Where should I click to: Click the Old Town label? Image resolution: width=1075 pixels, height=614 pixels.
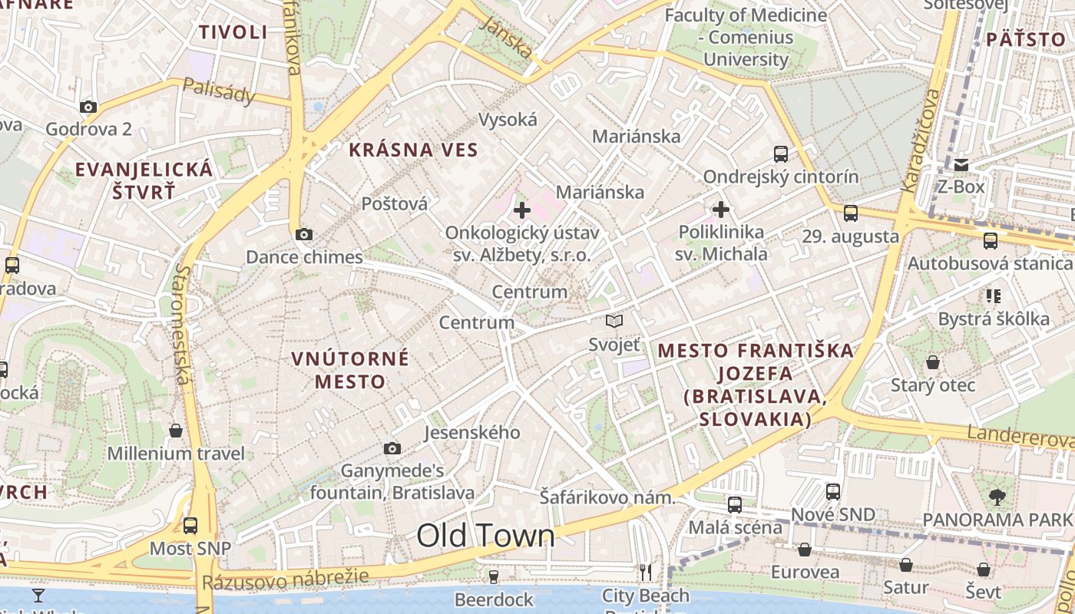(485, 536)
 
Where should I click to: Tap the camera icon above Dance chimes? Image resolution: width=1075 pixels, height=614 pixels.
(304, 234)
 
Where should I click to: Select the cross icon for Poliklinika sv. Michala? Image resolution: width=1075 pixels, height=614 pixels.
(721, 209)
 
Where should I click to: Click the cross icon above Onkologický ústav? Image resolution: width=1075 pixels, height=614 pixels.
(522, 210)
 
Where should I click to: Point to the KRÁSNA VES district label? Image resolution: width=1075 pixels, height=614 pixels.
(413, 150)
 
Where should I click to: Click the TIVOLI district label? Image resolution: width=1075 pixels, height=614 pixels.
(233, 32)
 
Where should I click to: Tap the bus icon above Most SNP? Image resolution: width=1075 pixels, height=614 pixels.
(190, 526)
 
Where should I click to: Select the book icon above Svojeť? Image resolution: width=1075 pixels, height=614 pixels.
(614, 321)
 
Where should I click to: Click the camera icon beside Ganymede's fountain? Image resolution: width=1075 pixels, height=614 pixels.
(392, 448)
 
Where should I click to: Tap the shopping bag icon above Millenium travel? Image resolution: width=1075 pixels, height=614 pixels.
(176, 431)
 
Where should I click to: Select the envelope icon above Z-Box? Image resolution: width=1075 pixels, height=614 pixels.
(961, 165)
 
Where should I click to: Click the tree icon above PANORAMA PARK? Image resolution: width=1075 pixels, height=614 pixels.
(997, 497)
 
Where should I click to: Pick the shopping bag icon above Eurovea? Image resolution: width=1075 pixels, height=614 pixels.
(805, 550)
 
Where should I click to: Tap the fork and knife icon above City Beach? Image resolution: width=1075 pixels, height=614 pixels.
(646, 572)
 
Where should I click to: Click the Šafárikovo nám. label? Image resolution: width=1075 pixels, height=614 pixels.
(607, 497)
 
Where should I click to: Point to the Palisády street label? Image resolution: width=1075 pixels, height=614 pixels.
(218, 92)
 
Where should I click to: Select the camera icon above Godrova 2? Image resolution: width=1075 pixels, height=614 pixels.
(88, 107)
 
